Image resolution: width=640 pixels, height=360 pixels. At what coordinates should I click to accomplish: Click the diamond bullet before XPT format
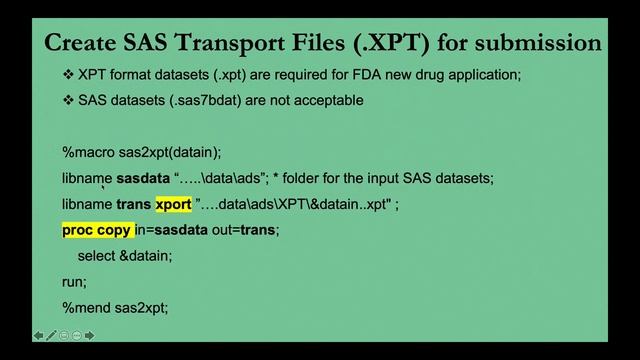[x=68, y=75]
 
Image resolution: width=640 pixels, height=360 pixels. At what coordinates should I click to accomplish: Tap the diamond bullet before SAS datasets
[x=68, y=100]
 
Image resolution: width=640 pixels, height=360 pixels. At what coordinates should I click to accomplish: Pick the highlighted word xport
[x=173, y=204]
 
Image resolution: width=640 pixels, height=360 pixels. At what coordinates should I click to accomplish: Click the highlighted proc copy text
[x=97, y=230]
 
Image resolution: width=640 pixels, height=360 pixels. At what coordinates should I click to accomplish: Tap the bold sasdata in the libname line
[x=143, y=178]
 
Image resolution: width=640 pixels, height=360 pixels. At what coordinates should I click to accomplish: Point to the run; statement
[x=74, y=282]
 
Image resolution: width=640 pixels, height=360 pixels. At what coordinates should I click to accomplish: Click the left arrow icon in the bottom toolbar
[x=38, y=335]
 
